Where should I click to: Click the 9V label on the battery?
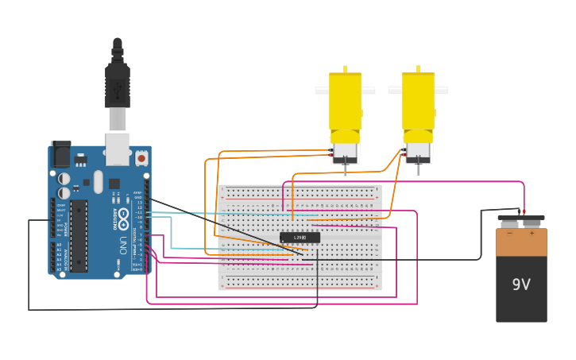click(521, 285)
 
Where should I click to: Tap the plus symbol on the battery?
click(532, 233)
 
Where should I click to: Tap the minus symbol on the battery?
click(510, 233)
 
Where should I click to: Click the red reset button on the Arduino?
click(141, 158)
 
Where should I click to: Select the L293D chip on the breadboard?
click(300, 237)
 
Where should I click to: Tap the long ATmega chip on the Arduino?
click(79, 235)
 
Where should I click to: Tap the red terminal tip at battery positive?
click(524, 211)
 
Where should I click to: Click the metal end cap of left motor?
click(345, 152)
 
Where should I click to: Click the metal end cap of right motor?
click(418, 152)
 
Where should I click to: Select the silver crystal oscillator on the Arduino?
click(98, 181)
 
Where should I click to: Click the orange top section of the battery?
click(521, 242)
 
